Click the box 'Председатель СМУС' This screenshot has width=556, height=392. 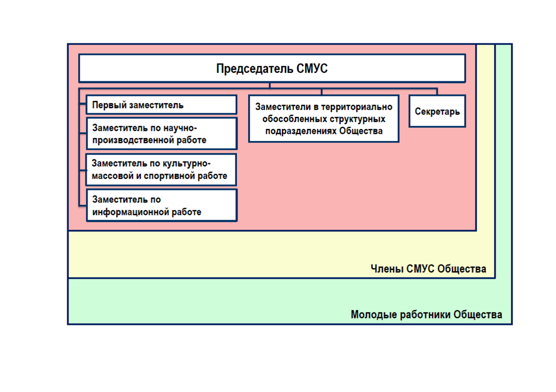(x=272, y=68)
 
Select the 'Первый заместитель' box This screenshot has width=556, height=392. (x=162, y=105)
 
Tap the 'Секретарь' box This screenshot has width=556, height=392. (x=437, y=111)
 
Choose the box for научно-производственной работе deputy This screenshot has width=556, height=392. (x=162, y=134)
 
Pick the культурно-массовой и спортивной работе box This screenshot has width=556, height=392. (x=161, y=170)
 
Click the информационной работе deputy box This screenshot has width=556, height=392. (x=162, y=206)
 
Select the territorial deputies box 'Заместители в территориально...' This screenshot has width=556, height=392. (x=323, y=119)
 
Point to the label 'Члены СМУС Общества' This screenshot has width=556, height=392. (x=428, y=269)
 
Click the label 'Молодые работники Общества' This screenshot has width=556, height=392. (x=427, y=314)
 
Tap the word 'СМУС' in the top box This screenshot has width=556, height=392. (x=312, y=68)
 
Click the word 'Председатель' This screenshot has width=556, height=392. (x=255, y=69)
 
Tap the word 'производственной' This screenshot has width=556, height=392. (x=133, y=140)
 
